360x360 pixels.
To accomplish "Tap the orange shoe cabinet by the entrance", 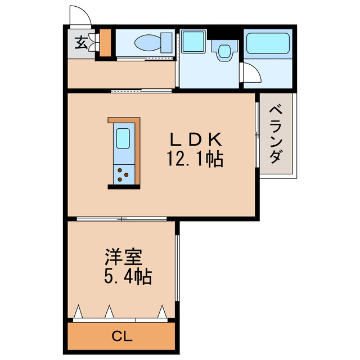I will click(105, 43).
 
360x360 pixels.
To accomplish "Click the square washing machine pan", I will click(195, 43).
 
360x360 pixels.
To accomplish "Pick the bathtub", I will click(268, 43).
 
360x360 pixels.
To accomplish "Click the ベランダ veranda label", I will click(276, 133).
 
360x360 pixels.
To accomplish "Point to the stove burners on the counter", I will click(123, 175).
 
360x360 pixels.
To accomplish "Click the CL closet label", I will click(121, 337).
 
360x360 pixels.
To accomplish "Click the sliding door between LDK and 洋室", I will click(121, 218).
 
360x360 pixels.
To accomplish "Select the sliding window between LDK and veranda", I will click(258, 134).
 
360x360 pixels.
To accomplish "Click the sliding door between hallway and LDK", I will click(141, 91).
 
